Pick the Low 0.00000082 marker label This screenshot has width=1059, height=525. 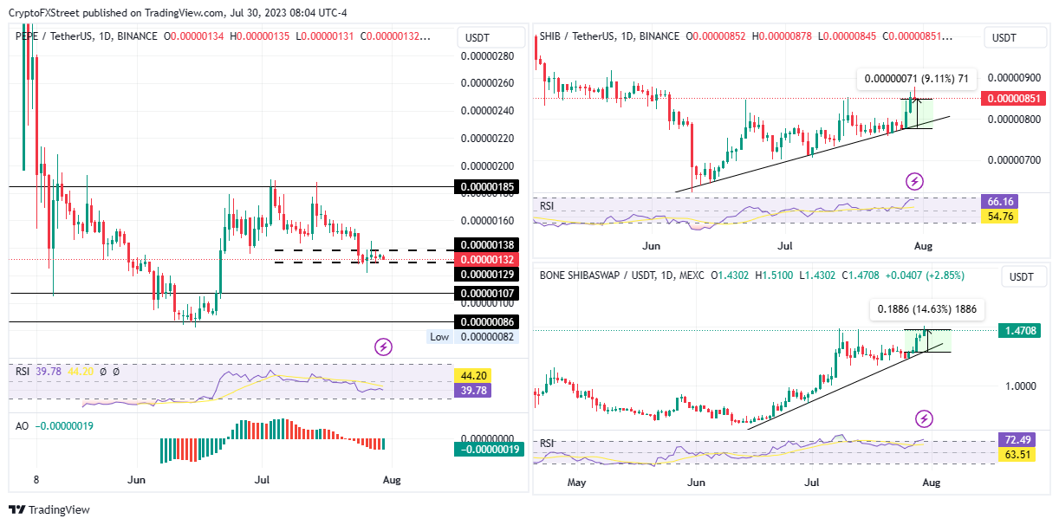point(473,337)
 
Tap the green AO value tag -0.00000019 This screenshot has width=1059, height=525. point(488,450)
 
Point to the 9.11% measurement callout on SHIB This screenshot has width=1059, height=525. point(916,79)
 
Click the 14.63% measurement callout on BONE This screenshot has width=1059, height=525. point(926,308)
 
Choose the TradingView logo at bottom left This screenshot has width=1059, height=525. point(49,510)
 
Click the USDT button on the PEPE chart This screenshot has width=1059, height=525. point(478,38)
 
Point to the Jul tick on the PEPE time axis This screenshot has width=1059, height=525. point(263,478)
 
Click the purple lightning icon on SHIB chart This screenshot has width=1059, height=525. point(914,181)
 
